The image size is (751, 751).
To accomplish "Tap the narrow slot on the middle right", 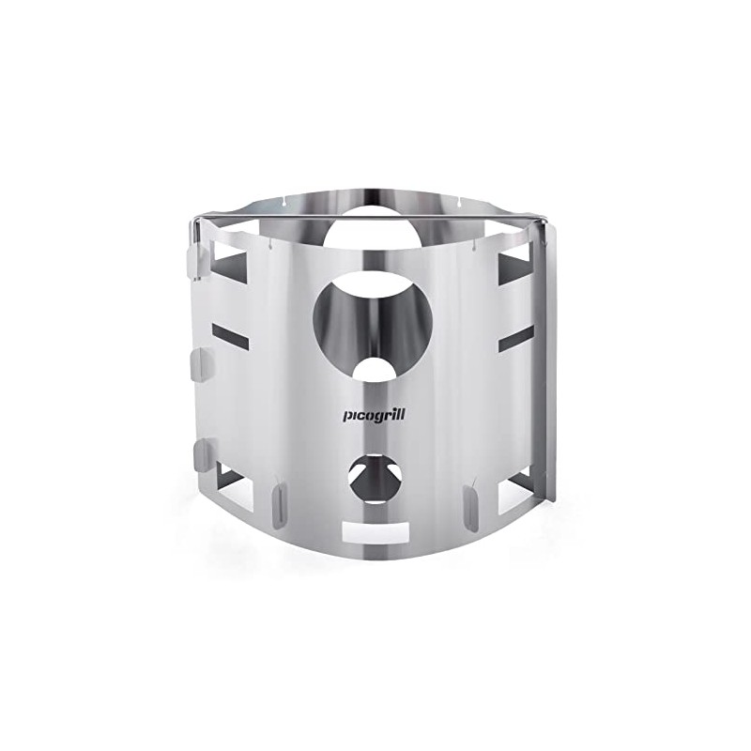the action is (x=515, y=337).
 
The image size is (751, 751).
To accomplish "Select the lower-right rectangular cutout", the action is (x=514, y=488).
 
